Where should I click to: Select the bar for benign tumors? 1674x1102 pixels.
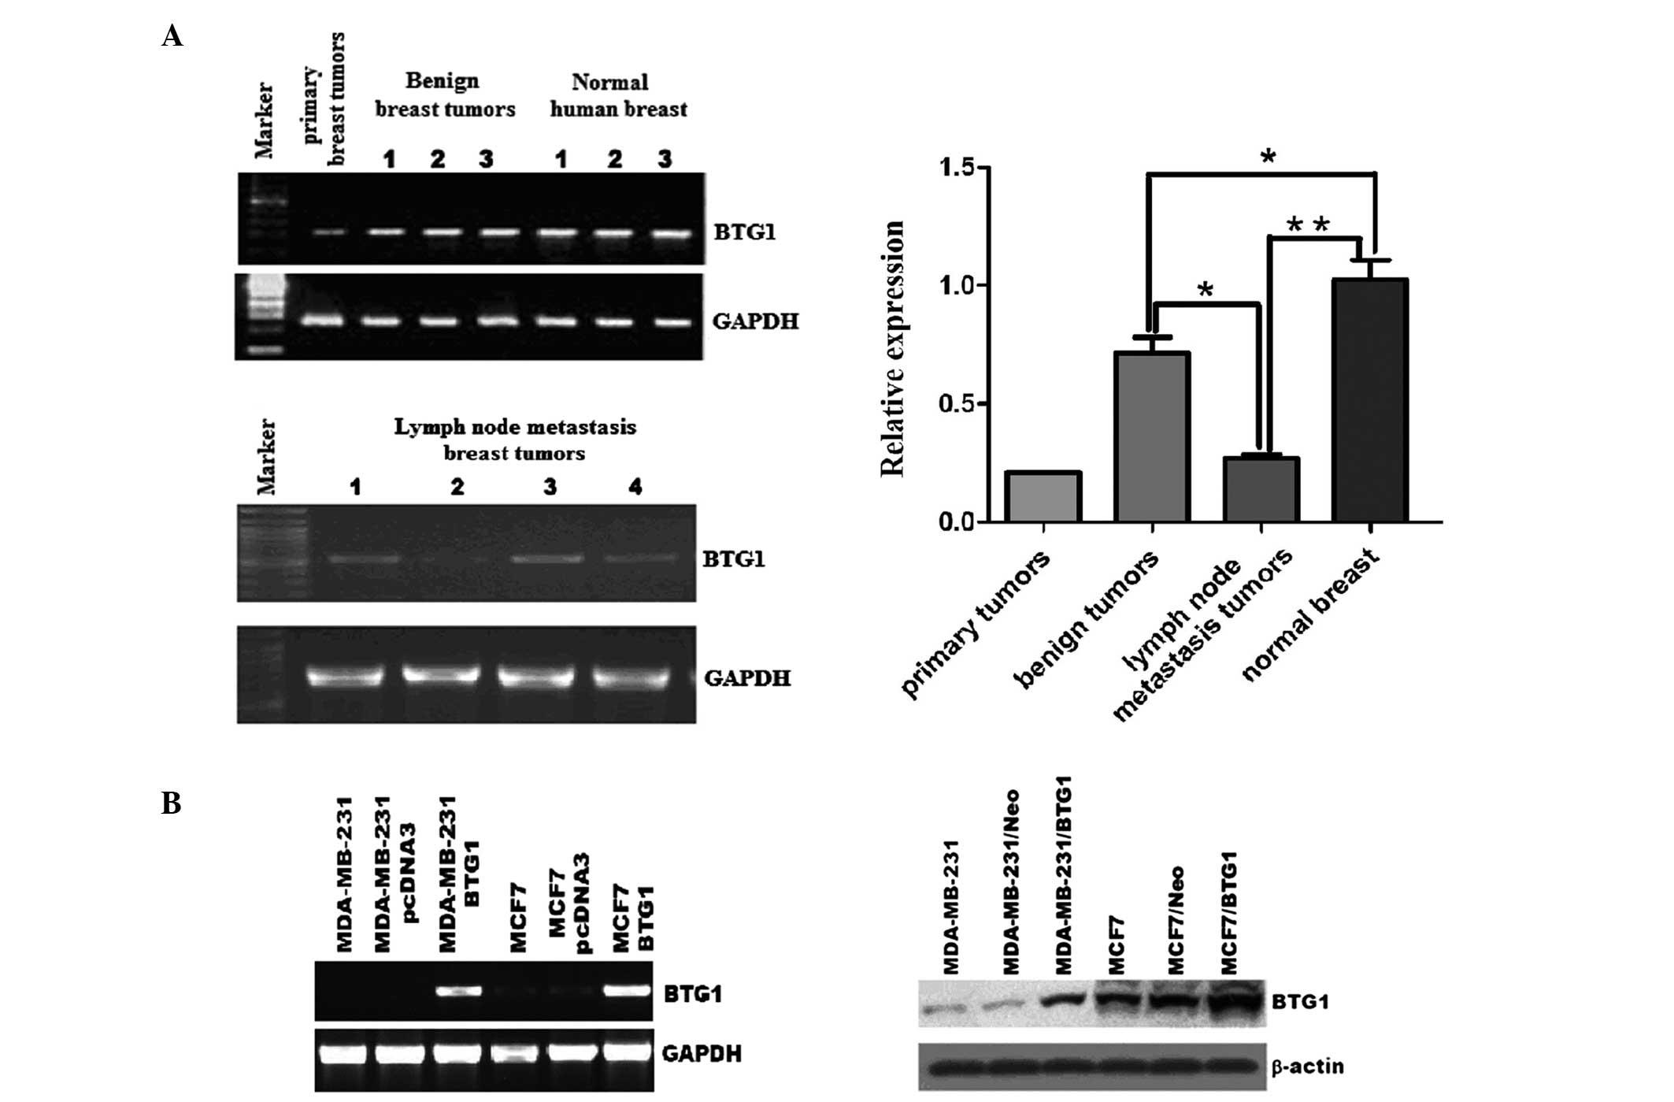[1152, 437]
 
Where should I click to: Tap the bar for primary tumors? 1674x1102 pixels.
[1043, 497]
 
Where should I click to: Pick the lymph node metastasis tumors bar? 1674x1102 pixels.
[1261, 489]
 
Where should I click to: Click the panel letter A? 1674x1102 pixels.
[172, 36]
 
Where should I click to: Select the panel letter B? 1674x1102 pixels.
[171, 803]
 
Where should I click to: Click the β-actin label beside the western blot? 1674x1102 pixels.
[1307, 1067]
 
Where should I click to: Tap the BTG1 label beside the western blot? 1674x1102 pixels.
[1300, 1002]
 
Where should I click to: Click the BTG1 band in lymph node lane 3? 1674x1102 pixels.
[548, 558]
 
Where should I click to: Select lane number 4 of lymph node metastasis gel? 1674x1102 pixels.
[635, 488]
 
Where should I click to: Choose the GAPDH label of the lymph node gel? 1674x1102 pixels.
[746, 677]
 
